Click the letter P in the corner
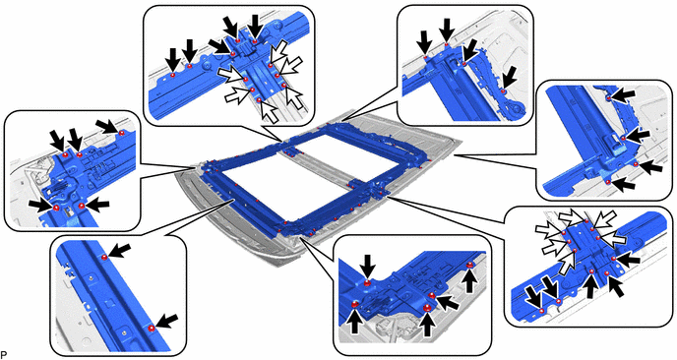coord(3,356)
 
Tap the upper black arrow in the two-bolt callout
coord(121,251)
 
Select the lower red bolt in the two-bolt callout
coord(151,329)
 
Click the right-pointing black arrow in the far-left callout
coord(41,206)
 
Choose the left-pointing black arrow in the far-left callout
coord(96,206)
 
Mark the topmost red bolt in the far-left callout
coord(122,132)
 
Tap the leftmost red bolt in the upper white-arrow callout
coord(173,75)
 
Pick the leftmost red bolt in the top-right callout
coord(425,56)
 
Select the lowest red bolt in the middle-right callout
coord(608,182)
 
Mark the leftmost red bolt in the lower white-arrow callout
coord(542,311)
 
